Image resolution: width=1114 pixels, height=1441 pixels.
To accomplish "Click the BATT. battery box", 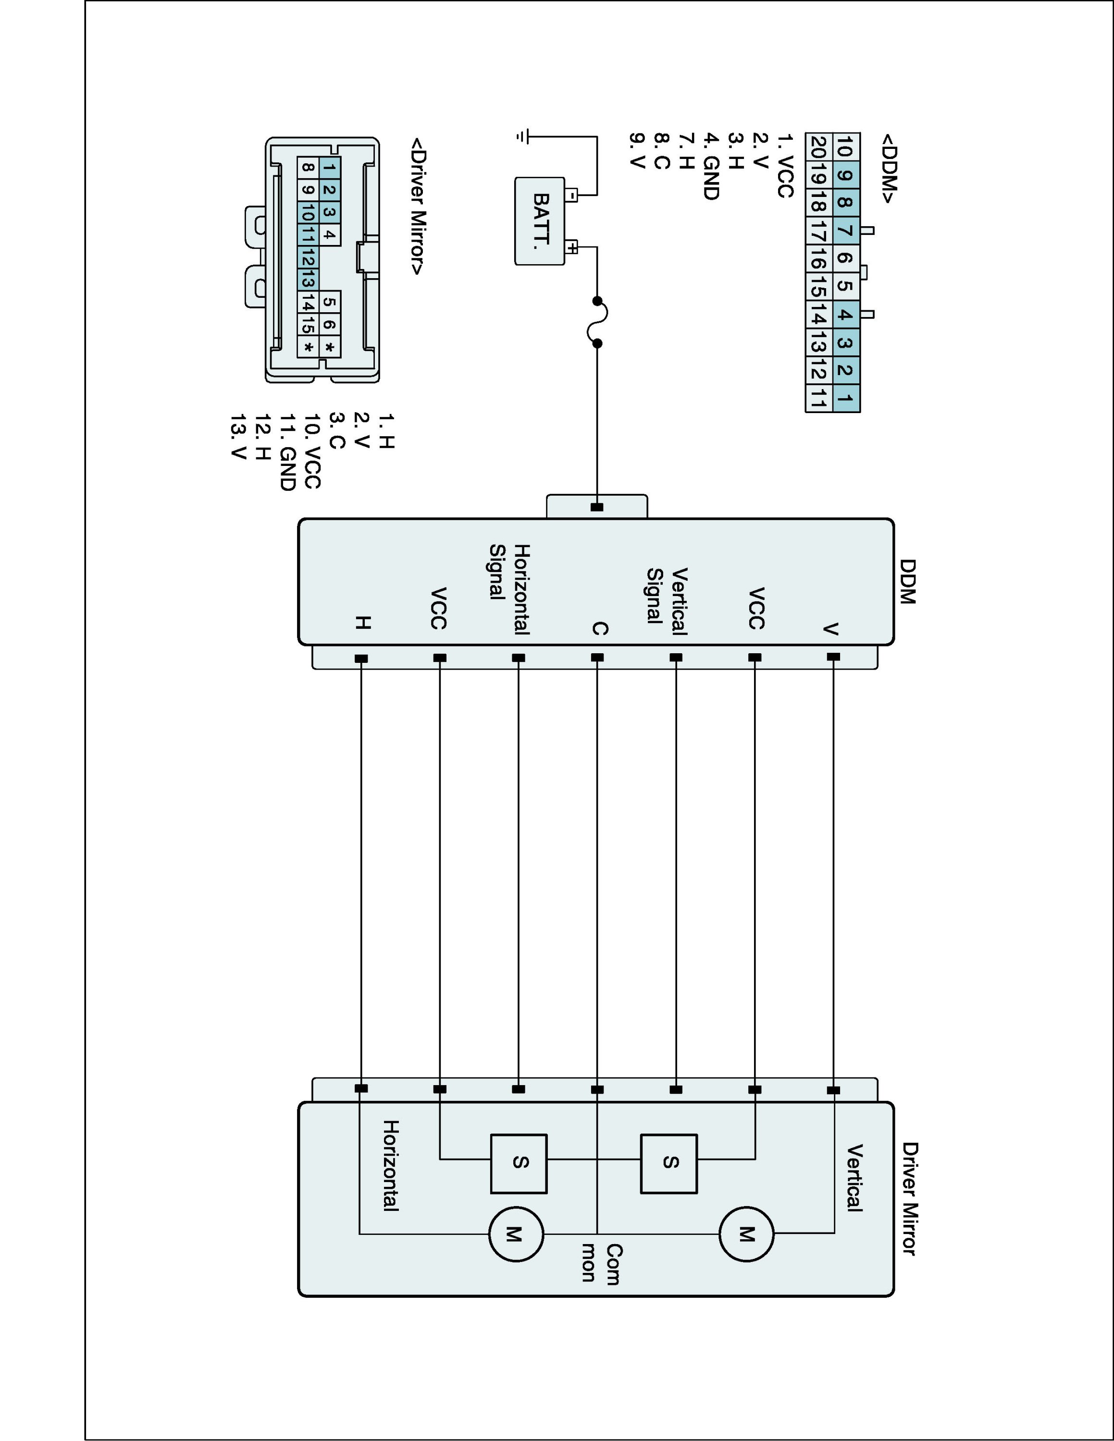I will pos(540,221).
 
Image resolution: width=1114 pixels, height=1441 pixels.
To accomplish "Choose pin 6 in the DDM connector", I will pos(846,258).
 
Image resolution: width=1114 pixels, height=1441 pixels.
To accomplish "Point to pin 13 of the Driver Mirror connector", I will pos(308,280).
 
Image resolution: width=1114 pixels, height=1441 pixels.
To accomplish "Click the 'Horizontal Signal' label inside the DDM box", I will pos(509,589).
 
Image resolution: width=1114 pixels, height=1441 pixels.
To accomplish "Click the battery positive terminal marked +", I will pos(572,248).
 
